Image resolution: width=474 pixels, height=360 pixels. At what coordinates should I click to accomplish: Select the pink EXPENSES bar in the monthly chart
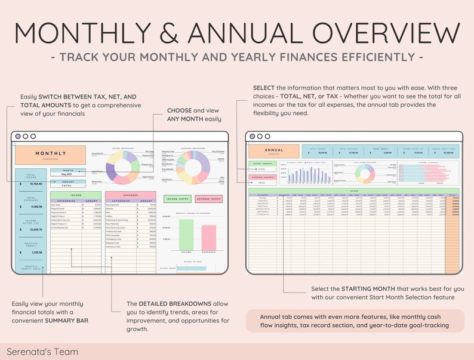coord(208,237)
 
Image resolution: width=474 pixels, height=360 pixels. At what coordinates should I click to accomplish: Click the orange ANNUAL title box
coord(273,152)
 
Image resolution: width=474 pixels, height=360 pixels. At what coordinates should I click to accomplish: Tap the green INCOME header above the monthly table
coord(76,195)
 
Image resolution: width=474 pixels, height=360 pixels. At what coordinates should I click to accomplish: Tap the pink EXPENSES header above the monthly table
coord(130,195)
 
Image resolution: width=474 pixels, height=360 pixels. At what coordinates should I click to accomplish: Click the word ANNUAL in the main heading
coord(269,32)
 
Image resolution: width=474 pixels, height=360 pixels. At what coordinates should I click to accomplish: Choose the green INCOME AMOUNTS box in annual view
coord(263,163)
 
